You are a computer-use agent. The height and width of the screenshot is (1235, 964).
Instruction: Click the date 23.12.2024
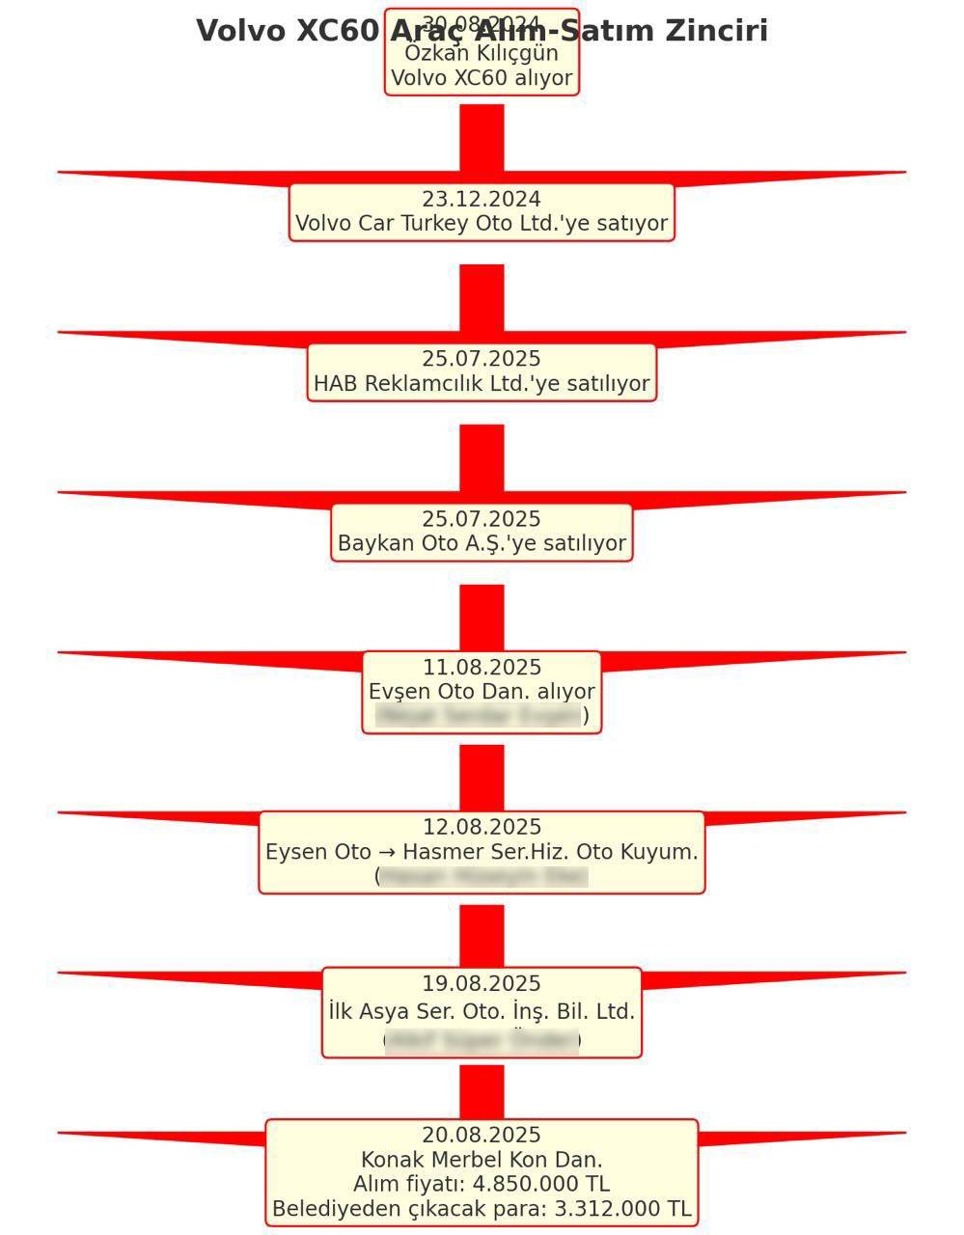pyautogui.click(x=482, y=199)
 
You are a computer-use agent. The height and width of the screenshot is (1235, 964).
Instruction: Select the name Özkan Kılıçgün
pyautogui.click(x=482, y=53)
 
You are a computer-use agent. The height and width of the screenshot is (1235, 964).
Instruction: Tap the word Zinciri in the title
pyautogui.click(x=714, y=31)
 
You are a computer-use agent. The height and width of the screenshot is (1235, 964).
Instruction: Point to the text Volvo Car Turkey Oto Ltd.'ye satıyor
pyautogui.click(x=482, y=224)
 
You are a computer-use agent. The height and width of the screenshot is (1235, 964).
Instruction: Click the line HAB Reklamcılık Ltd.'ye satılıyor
pyautogui.click(x=482, y=384)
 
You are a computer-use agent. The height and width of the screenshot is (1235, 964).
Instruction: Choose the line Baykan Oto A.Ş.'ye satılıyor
pyautogui.click(x=482, y=544)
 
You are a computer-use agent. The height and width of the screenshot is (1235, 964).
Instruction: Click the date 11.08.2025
pyautogui.click(x=482, y=668)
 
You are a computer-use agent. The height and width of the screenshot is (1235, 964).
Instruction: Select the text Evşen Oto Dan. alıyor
pyautogui.click(x=482, y=692)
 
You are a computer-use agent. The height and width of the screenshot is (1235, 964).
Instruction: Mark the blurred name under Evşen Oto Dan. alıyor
pyautogui.click(x=480, y=716)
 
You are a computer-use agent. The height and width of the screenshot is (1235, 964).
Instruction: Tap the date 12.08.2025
pyautogui.click(x=482, y=828)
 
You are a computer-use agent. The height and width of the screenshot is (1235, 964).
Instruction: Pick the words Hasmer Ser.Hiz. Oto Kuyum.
pyautogui.click(x=550, y=853)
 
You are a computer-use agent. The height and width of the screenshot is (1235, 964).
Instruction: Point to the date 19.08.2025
pyautogui.click(x=482, y=984)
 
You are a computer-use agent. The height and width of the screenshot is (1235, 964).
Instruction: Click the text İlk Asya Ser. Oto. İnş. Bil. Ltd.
pyautogui.click(x=482, y=1012)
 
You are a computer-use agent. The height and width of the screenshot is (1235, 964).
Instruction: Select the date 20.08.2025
pyautogui.click(x=482, y=1136)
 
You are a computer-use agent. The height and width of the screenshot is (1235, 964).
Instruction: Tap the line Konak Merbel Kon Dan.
pyautogui.click(x=482, y=1160)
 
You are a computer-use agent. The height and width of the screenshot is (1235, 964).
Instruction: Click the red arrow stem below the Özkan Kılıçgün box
pyautogui.click(x=482, y=135)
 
